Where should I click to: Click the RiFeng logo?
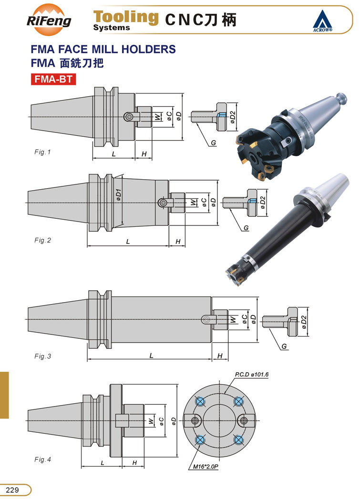pos(49,20)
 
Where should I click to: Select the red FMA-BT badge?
pos(53,79)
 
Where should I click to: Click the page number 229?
pos(12,489)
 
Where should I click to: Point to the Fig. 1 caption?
pos(42,152)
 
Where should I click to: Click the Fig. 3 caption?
pos(42,356)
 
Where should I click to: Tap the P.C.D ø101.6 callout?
pos(251,374)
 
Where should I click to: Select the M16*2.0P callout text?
pos(206,467)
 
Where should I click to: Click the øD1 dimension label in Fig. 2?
pos(119,195)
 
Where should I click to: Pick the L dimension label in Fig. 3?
pos(152,355)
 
